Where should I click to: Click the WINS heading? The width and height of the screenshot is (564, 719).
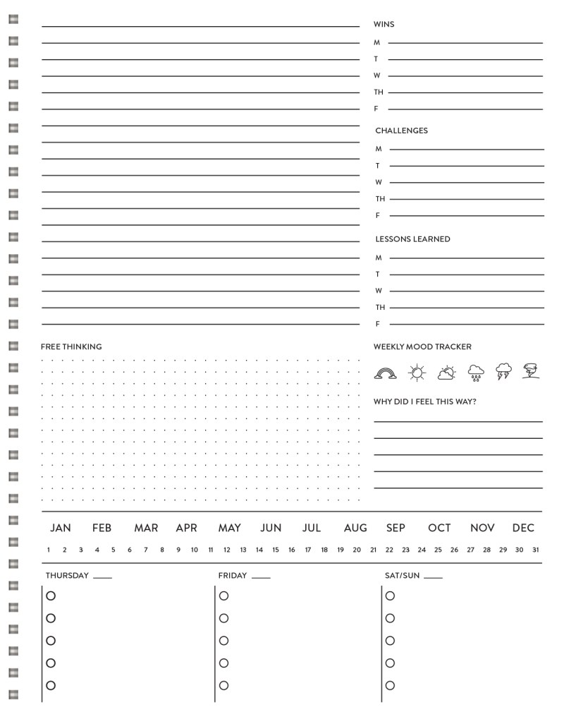[x=384, y=25]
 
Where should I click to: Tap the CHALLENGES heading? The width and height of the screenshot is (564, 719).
[x=401, y=131]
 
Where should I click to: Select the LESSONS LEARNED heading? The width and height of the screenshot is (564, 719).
[x=412, y=239]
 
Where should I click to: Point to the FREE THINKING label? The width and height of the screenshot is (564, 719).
[x=71, y=346]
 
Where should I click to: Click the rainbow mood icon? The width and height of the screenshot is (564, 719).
[x=386, y=372]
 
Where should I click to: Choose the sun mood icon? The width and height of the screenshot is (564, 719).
[x=417, y=372]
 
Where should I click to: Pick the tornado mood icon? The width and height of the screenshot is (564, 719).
[x=531, y=371]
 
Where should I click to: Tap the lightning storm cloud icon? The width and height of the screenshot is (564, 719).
[x=503, y=372]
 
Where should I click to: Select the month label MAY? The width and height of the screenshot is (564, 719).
[x=229, y=528]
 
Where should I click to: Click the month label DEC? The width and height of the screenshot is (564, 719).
[x=523, y=528]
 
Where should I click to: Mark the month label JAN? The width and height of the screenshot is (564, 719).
[x=61, y=528]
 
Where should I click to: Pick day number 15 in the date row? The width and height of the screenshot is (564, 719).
[x=276, y=550]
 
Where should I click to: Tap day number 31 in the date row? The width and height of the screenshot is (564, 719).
[x=536, y=550]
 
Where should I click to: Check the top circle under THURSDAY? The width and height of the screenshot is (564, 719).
[x=51, y=596]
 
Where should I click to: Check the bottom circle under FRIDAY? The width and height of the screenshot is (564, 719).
[x=223, y=685]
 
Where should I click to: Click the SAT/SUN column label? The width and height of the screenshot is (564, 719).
[x=402, y=576]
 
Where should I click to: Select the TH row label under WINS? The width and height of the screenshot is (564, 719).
[x=379, y=92]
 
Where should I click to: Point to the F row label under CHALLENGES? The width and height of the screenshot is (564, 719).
[x=378, y=215]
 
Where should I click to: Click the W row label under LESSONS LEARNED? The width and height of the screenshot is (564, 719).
[x=379, y=291]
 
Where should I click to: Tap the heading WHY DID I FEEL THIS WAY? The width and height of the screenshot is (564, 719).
[x=424, y=401]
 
